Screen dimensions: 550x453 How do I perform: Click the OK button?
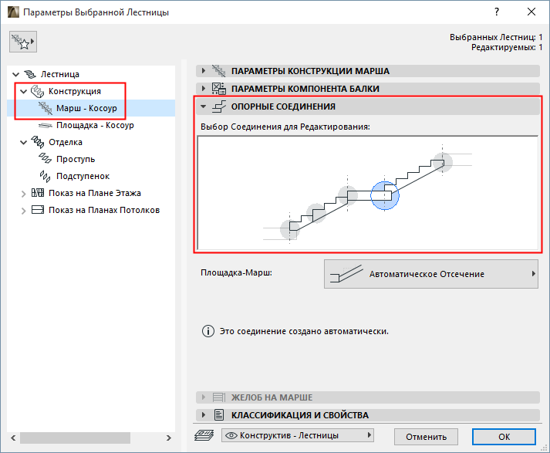pyautogui.click(x=504, y=437)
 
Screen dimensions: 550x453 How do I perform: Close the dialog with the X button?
pyautogui.click(x=531, y=12)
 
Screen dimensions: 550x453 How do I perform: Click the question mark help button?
pyautogui.click(x=496, y=12)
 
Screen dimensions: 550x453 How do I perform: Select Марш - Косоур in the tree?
pyautogui.click(x=86, y=108)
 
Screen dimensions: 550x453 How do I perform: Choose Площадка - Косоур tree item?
pyautogui.click(x=95, y=125)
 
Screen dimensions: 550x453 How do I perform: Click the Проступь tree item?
pyautogui.click(x=76, y=159)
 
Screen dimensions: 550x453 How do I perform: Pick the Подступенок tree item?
pyautogui.click(x=83, y=176)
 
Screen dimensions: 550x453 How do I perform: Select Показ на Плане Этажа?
pyautogui.click(x=94, y=193)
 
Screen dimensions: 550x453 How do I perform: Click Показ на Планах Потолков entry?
pyautogui.click(x=104, y=210)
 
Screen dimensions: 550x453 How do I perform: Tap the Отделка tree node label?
pyautogui.click(x=66, y=142)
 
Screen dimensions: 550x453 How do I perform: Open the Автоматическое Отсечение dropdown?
pyautogui.click(x=430, y=274)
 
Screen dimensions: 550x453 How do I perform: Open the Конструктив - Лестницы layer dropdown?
pyautogui.click(x=298, y=435)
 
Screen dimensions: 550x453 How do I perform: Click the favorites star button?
pyautogui.click(x=23, y=42)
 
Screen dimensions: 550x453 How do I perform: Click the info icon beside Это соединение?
pyautogui.click(x=208, y=331)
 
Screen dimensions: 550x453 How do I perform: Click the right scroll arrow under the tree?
pyautogui.click(x=169, y=438)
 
